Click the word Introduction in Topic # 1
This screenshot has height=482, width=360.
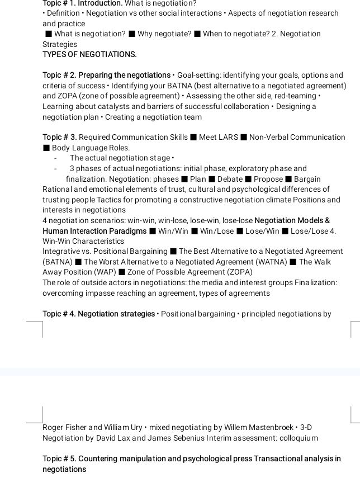coord(100,3)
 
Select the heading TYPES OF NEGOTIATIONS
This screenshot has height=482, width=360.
coord(89,54)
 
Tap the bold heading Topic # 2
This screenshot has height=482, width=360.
coord(59,75)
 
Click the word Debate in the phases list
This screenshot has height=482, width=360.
coord(230,179)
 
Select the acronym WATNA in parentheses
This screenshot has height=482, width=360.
coord(270,262)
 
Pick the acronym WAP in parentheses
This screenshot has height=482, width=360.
coord(102,272)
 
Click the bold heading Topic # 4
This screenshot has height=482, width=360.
coord(59,314)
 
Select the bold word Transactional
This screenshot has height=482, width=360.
coord(280,459)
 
